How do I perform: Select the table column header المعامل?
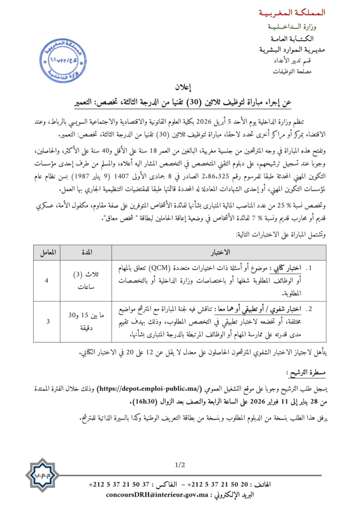(46, 253)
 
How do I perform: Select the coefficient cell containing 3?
(46, 322)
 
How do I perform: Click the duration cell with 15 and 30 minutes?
(87, 322)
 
